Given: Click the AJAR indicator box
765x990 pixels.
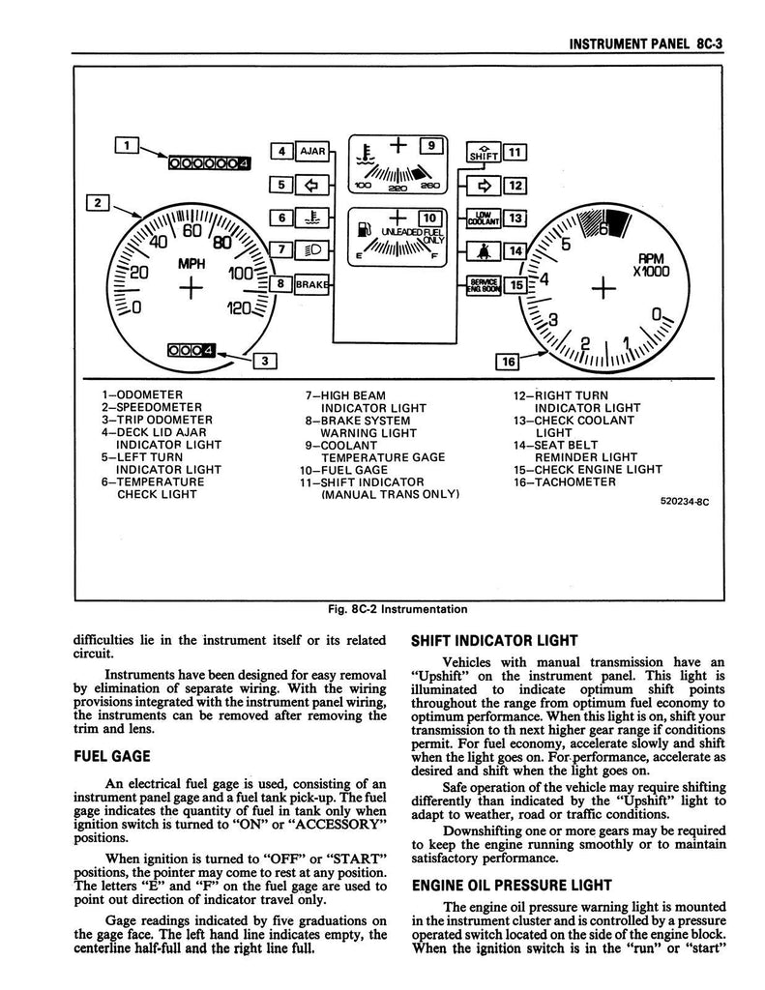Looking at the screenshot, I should (x=312, y=152).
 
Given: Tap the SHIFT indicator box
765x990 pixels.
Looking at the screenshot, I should (x=482, y=153).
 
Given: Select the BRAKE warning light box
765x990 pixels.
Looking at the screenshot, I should (x=312, y=284).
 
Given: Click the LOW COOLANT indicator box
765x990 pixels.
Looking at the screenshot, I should (x=482, y=219).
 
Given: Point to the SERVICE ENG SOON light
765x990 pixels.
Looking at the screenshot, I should (x=482, y=284).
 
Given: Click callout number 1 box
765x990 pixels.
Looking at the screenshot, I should (x=126, y=145).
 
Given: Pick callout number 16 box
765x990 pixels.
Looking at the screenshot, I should (x=507, y=362).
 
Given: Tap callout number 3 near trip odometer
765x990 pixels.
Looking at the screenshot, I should (x=263, y=361).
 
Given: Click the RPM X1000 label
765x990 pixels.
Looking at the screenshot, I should (x=646, y=265).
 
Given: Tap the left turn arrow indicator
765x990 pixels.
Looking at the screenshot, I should (x=312, y=185).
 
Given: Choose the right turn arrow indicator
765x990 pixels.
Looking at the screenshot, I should (x=482, y=186).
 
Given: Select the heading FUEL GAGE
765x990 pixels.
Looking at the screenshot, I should (x=112, y=757).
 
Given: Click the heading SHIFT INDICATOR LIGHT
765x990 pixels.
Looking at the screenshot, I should (x=494, y=640).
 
